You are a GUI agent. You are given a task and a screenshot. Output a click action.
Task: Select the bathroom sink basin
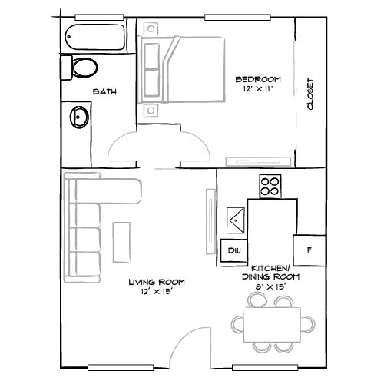click(x=78, y=118)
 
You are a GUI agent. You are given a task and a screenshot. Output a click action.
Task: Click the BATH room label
click(x=104, y=92)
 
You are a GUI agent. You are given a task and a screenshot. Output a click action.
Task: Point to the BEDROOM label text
click(x=257, y=79)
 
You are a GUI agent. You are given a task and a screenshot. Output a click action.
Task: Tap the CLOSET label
click(x=310, y=94)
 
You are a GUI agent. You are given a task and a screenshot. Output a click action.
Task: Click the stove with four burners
click(x=270, y=185)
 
